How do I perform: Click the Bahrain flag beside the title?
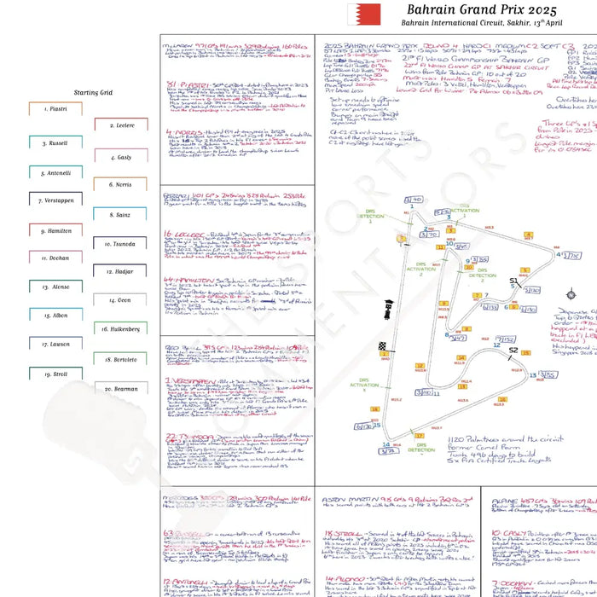(357, 14)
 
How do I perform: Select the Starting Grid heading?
(93, 91)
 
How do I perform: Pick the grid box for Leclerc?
(121, 125)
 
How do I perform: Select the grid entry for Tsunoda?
(121, 244)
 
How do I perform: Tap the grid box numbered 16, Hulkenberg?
(121, 328)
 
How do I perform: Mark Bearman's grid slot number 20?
(121, 389)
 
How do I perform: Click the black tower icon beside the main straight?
(389, 307)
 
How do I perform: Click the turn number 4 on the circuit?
(559, 254)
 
